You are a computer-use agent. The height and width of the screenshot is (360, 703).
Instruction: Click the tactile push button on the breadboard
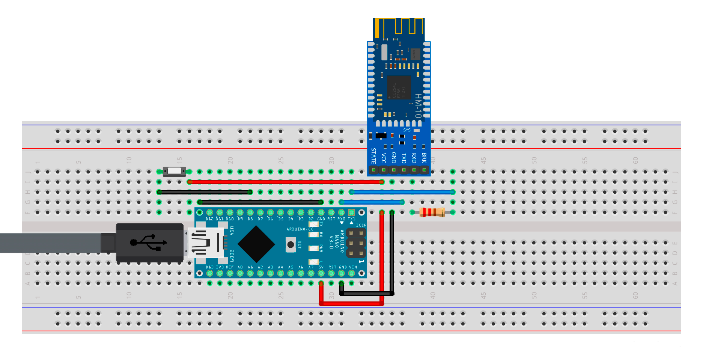pyautogui.click(x=174, y=171)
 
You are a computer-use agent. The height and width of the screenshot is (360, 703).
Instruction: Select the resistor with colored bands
pyautogui.click(x=432, y=212)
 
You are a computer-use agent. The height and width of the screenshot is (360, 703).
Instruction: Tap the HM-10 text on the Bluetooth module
pyautogui.click(x=418, y=105)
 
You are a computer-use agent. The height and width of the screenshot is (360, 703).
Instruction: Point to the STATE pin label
pyautogui.click(x=373, y=156)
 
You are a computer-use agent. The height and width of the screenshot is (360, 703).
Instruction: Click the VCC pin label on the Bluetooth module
pyautogui.click(x=384, y=158)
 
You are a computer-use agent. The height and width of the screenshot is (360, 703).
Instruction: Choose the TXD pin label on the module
pyautogui.click(x=404, y=158)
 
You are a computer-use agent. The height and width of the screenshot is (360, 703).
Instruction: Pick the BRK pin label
pyautogui.click(x=424, y=158)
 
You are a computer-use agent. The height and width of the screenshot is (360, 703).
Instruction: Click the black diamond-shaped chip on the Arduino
pyautogui.click(x=256, y=244)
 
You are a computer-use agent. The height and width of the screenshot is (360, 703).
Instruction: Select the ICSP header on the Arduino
pyautogui.click(x=356, y=243)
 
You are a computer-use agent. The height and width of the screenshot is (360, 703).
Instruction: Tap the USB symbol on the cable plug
pyautogui.click(x=148, y=243)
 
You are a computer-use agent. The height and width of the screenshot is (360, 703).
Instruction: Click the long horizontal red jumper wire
pyautogui.click(x=285, y=182)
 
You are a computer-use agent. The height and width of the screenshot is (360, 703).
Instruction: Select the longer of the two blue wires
pyautogui.click(x=402, y=192)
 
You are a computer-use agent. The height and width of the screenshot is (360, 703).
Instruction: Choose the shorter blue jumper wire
pyautogui.click(x=372, y=202)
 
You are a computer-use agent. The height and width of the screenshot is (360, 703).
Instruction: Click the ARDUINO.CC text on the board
pyautogui.click(x=300, y=229)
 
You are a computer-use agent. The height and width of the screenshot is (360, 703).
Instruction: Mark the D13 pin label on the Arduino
pyautogui.click(x=209, y=267)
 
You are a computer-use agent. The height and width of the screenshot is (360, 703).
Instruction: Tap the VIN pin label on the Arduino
pyautogui.click(x=353, y=267)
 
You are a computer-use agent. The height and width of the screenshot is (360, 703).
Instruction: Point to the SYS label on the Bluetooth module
pyautogui.click(x=407, y=130)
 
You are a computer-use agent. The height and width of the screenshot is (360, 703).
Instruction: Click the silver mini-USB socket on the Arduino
pyautogui.click(x=206, y=243)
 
